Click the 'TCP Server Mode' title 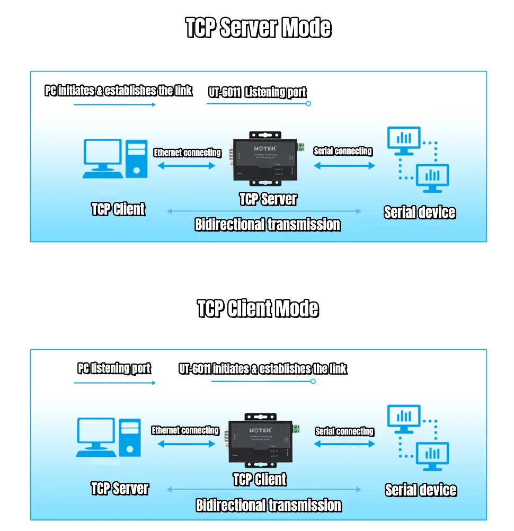(x=258, y=28)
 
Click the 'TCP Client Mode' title (x=258, y=308)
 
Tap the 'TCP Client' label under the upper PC (x=118, y=209)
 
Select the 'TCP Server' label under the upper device (x=268, y=199)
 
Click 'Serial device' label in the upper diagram (x=420, y=213)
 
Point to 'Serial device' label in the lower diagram (x=421, y=490)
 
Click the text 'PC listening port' (x=114, y=368)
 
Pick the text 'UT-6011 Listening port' (x=258, y=92)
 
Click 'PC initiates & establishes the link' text (x=118, y=91)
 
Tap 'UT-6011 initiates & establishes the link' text (x=263, y=369)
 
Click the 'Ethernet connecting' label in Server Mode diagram (x=188, y=153)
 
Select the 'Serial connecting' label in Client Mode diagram (x=344, y=431)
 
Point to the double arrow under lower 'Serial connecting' (x=344, y=444)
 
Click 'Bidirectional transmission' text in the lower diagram (x=269, y=505)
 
